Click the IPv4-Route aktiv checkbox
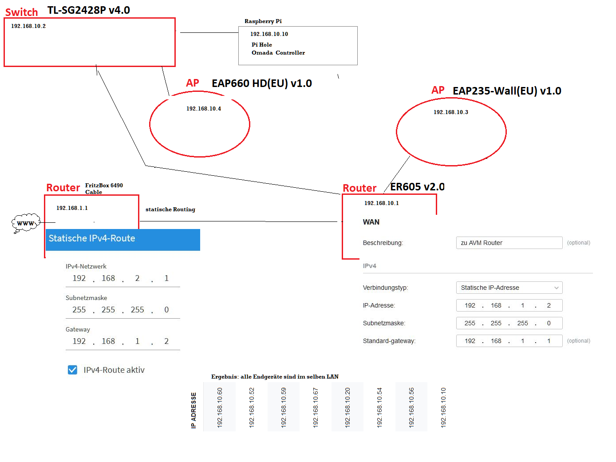(x=72, y=369)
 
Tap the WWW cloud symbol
(x=26, y=223)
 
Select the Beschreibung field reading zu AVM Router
(x=509, y=243)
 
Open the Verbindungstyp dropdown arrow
(x=556, y=288)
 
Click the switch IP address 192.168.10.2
(x=28, y=26)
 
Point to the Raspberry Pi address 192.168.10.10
(x=269, y=34)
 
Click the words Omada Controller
(x=278, y=53)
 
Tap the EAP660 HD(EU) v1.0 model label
(x=261, y=83)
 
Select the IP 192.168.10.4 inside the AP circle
(x=203, y=109)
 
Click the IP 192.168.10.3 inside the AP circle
(x=450, y=112)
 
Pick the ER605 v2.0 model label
(x=417, y=186)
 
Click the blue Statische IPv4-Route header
(x=122, y=240)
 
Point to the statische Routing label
(x=170, y=209)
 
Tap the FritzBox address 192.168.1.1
(x=72, y=208)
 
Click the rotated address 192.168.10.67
(x=315, y=407)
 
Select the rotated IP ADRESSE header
(x=193, y=410)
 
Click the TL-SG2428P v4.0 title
(x=88, y=10)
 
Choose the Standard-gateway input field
(x=509, y=340)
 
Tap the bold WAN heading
(x=371, y=222)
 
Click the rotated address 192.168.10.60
(x=219, y=407)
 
